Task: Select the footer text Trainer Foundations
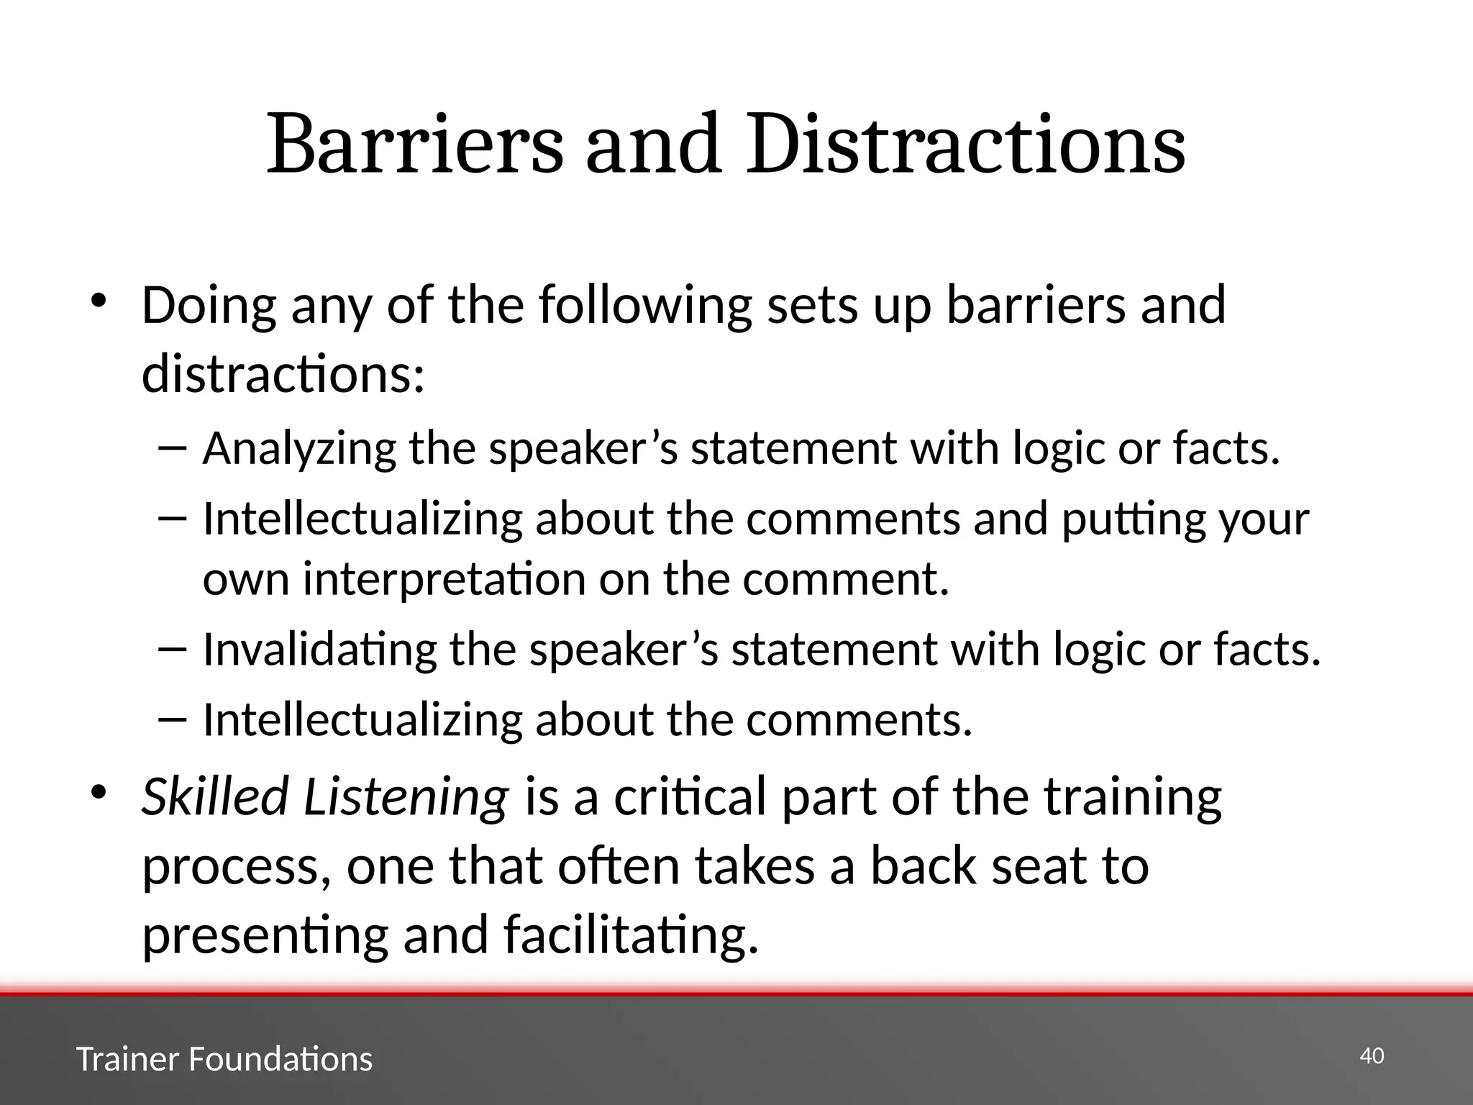pyautogui.click(x=224, y=1059)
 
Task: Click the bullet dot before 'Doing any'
pyautogui.click(x=99, y=299)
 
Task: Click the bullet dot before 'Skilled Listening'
pyautogui.click(x=99, y=791)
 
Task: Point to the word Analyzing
pyautogui.click(x=299, y=449)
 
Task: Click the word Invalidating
pyautogui.click(x=319, y=650)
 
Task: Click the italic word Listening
pyautogui.click(x=406, y=797)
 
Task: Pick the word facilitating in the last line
pyautogui.click(x=631, y=935)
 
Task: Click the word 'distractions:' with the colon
pyautogui.click(x=283, y=375)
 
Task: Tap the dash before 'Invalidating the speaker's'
pyautogui.click(x=171, y=648)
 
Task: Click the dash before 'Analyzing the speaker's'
pyautogui.click(x=171, y=447)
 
